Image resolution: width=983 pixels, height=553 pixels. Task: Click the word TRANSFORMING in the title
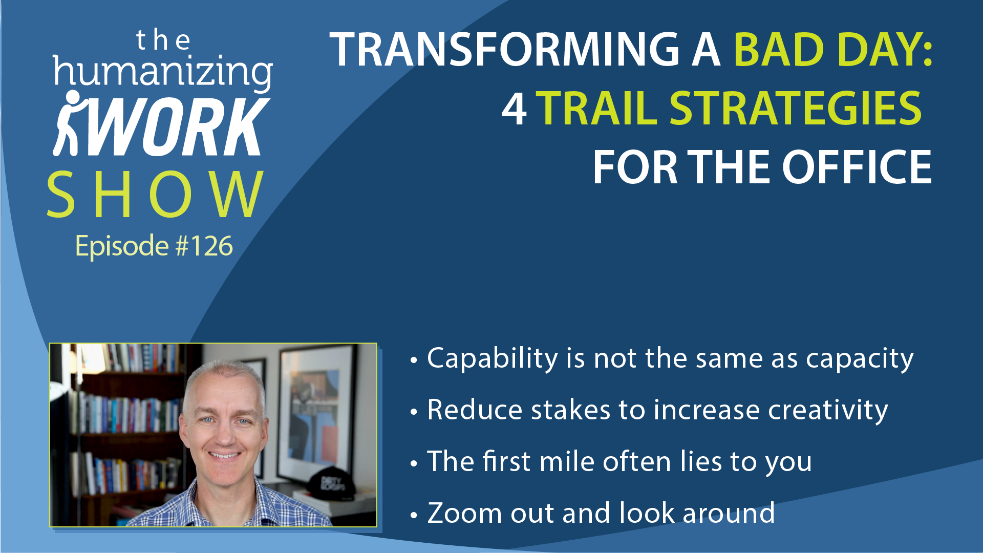coord(504,49)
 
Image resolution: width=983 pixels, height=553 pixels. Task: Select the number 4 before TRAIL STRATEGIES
coord(514,109)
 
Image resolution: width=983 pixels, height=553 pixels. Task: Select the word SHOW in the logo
coord(155,195)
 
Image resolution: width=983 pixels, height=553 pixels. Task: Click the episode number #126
coord(204,246)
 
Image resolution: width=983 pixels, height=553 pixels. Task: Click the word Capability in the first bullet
coord(493,358)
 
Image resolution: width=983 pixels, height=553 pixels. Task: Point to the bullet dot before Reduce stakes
coord(414,412)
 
